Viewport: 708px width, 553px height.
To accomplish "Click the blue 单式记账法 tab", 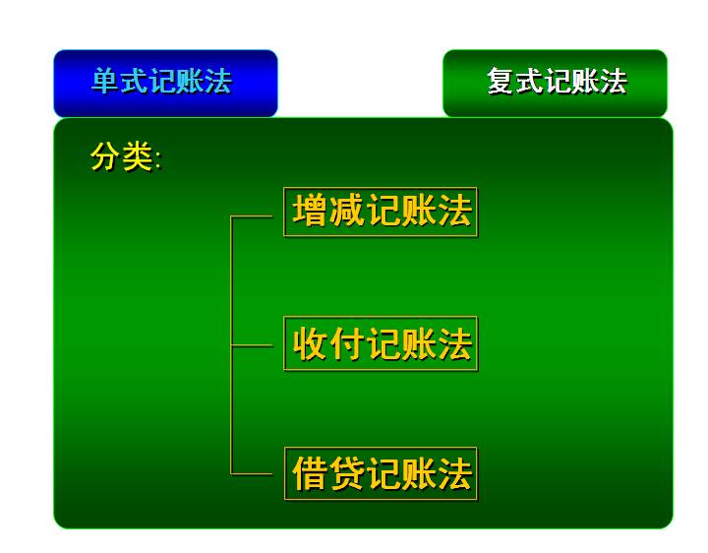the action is pyautogui.click(x=165, y=83).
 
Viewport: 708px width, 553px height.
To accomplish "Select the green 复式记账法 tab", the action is pyautogui.click(x=555, y=83).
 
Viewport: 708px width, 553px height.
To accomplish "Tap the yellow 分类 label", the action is pyautogui.click(x=126, y=156).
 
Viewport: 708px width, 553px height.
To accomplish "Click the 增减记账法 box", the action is pyautogui.click(x=381, y=212).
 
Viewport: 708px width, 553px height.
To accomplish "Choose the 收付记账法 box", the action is pyautogui.click(x=381, y=343).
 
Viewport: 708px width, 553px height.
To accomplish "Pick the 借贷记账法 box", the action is pyautogui.click(x=381, y=473).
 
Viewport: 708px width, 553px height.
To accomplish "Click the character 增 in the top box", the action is pyautogui.click(x=310, y=211).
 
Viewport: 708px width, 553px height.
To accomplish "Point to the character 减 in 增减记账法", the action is pyautogui.click(x=346, y=211).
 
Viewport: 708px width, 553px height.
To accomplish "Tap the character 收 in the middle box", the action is pyautogui.click(x=310, y=343).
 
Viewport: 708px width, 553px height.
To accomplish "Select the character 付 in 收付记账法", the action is pyautogui.click(x=346, y=343).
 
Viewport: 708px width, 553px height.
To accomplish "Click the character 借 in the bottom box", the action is pyautogui.click(x=310, y=473).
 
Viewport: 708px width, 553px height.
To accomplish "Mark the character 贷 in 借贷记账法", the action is pyautogui.click(x=346, y=473).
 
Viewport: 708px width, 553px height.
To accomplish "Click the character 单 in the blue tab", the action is pyautogui.click(x=105, y=82).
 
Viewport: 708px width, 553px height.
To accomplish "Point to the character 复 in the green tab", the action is pyautogui.click(x=501, y=82).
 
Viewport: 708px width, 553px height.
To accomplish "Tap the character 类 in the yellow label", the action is pyautogui.click(x=138, y=156).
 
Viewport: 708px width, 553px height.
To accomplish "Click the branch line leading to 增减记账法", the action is pyautogui.click(x=252, y=216).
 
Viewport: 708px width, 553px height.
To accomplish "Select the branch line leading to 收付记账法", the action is pyautogui.click(x=252, y=345).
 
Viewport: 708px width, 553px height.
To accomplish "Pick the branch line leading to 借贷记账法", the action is pyautogui.click(x=252, y=474).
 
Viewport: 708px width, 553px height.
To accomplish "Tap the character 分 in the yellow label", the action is pyautogui.click(x=105, y=156).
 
